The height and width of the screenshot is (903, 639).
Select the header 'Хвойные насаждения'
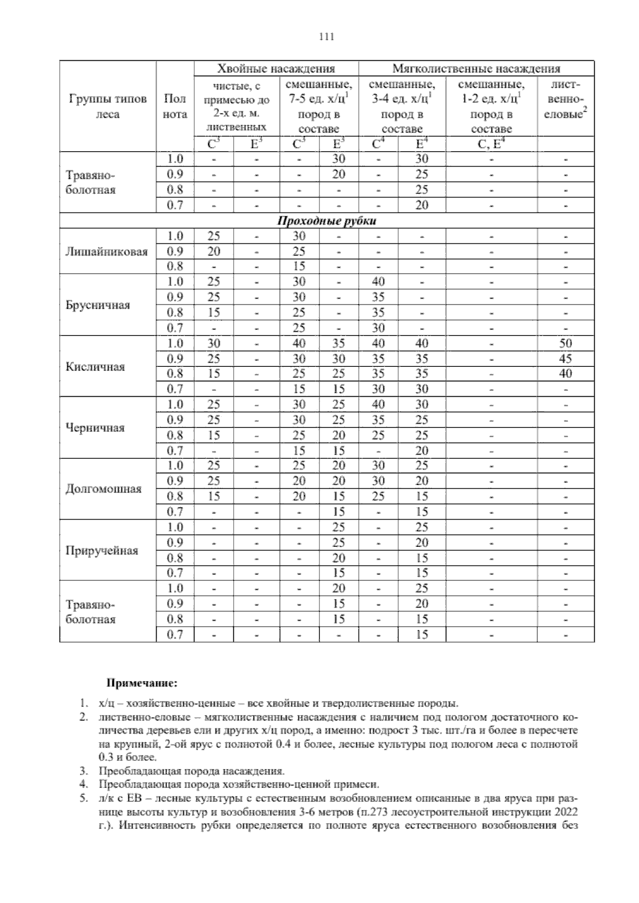click(x=276, y=68)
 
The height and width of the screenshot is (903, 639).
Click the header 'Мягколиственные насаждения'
click(x=476, y=68)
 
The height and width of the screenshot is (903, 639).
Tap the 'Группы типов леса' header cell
click(x=108, y=106)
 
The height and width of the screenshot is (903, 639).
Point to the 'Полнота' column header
click(x=175, y=106)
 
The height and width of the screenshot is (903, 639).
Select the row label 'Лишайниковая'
click(x=106, y=251)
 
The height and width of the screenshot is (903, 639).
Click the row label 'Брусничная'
click(x=98, y=305)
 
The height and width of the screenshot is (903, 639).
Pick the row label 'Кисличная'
click(x=95, y=366)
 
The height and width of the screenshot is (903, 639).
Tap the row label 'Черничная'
click(x=95, y=428)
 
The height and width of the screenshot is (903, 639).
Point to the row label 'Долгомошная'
click(x=103, y=489)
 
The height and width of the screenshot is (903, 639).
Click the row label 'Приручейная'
click(x=102, y=550)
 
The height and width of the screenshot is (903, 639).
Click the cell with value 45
click(x=566, y=358)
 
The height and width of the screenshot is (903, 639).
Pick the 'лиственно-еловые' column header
click(x=566, y=106)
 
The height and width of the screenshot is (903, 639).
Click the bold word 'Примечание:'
click(x=143, y=683)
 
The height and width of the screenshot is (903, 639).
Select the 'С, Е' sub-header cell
click(x=491, y=144)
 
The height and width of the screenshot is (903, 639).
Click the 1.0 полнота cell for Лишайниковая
click(x=175, y=236)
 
